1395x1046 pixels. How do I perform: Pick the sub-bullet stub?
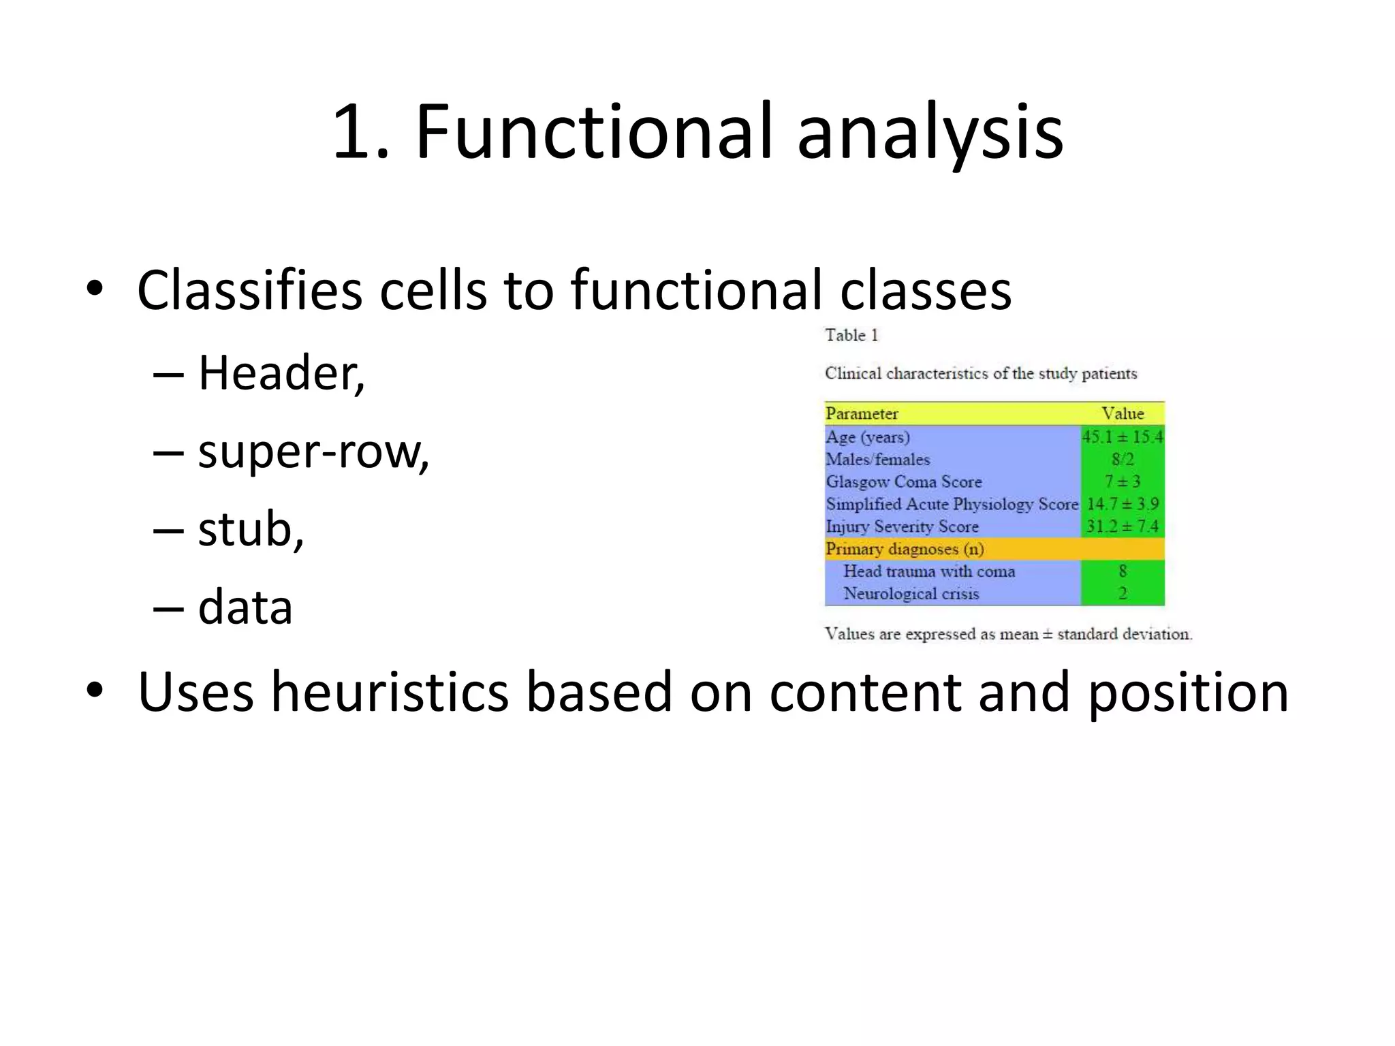pos(251,529)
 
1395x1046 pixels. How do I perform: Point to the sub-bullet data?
pos(245,607)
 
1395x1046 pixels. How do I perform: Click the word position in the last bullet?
pos(1188,692)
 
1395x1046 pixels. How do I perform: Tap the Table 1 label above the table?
pos(851,335)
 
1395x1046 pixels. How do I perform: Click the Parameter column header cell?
pos(862,413)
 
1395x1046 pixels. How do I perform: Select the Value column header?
pos(1123,413)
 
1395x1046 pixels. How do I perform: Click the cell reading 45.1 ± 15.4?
pos(1123,437)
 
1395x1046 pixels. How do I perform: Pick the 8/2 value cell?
pos(1123,459)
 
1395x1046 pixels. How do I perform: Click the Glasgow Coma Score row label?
pos(904,481)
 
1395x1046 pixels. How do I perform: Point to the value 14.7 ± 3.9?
pos(1123,504)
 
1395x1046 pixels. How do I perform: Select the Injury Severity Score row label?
pos(902,526)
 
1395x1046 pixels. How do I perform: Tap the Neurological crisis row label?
pos(911,594)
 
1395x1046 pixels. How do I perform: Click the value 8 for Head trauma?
pos(1123,571)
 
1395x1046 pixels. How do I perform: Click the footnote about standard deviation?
pos(1008,634)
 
